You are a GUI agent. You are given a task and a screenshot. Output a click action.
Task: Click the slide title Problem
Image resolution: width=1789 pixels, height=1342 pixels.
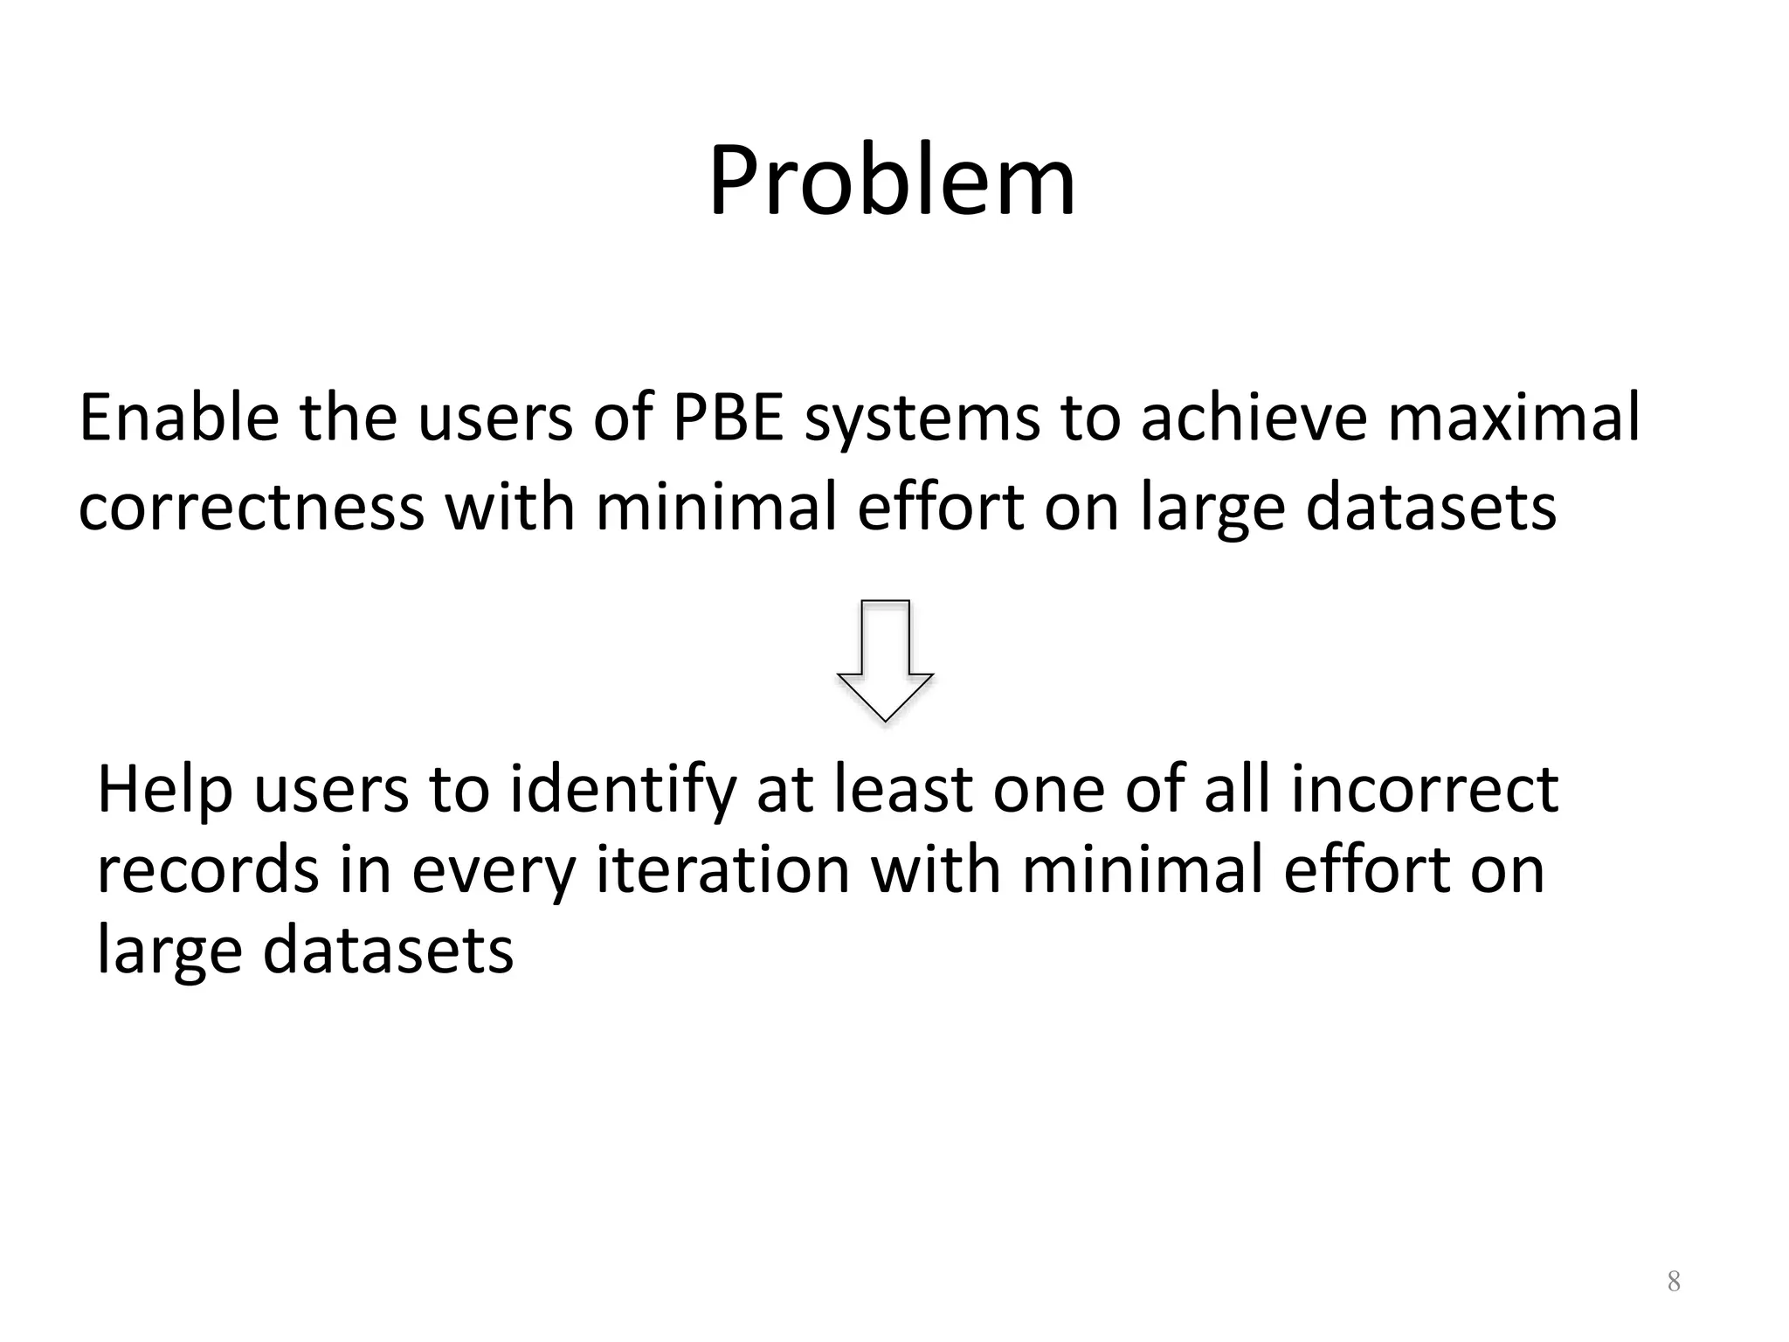892,182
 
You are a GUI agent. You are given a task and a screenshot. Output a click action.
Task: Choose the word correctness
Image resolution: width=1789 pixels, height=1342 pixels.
251,508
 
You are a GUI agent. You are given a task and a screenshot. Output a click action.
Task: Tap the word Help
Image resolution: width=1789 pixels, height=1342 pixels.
165,791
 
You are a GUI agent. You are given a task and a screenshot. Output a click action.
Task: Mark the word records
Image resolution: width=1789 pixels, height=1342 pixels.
207,870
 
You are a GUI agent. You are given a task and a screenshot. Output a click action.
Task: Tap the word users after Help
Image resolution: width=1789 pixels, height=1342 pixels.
331,791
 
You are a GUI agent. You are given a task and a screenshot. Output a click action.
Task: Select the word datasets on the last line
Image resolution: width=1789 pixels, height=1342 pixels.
387,951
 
